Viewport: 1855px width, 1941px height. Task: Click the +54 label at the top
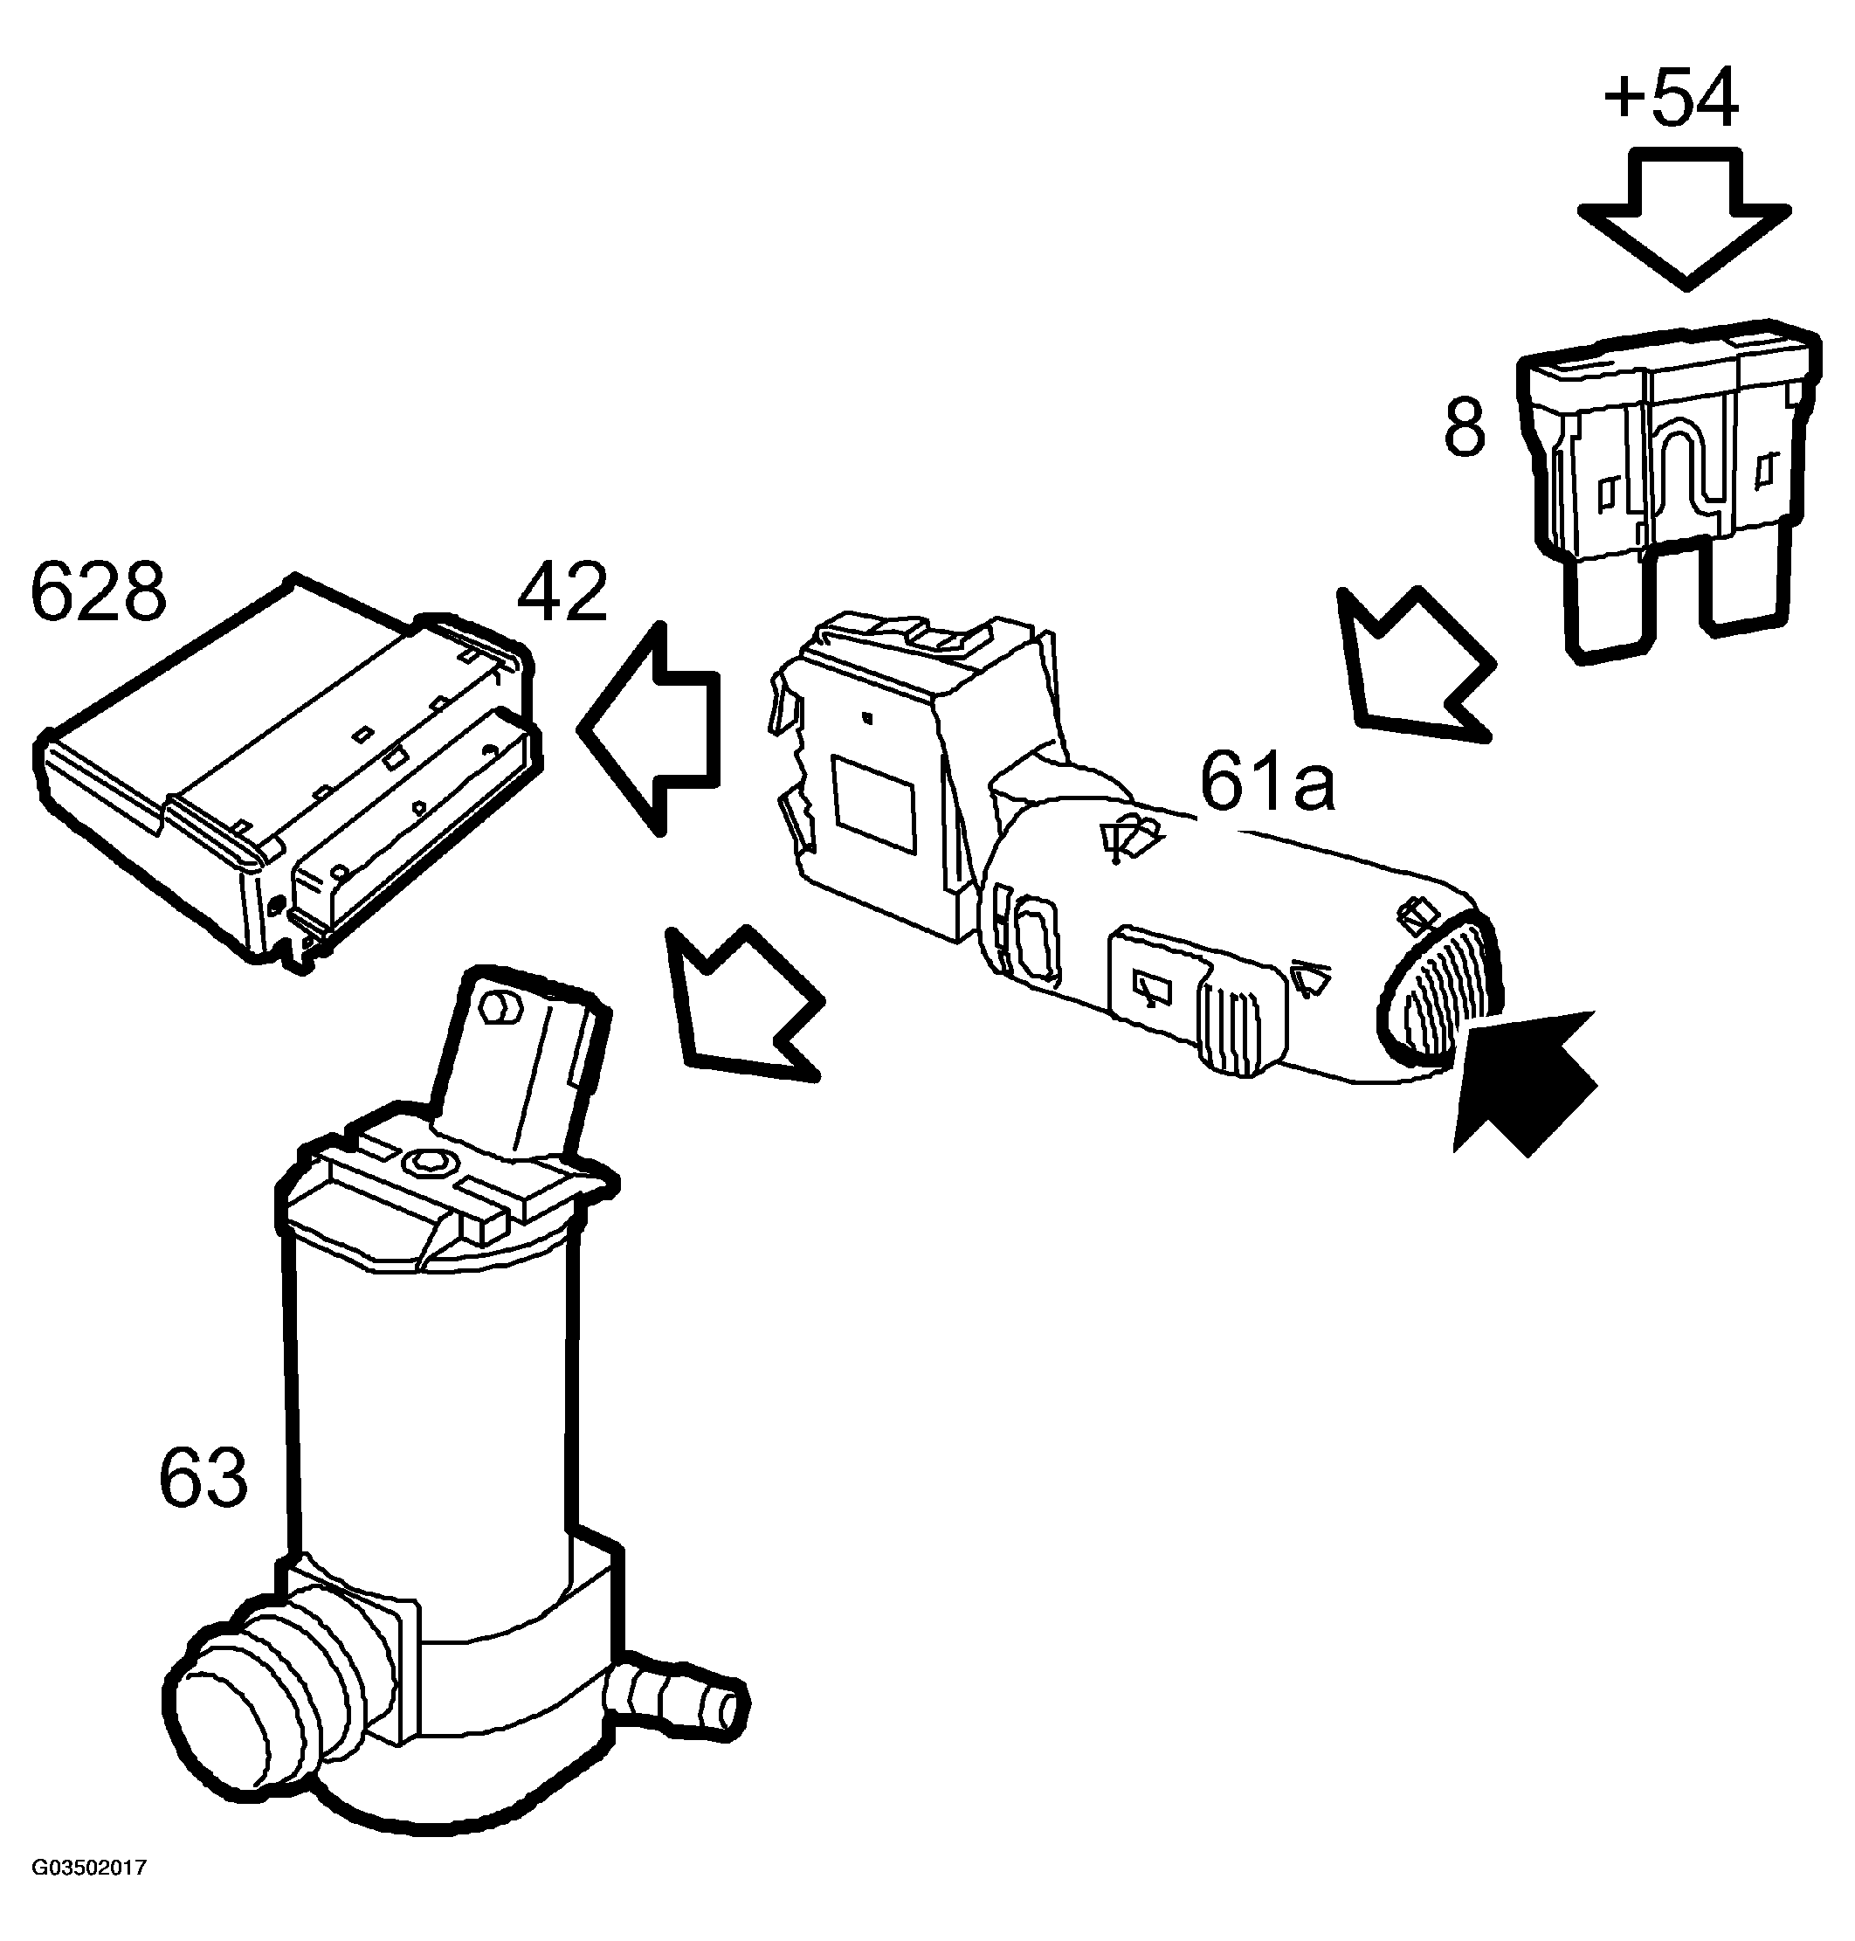pos(1670,99)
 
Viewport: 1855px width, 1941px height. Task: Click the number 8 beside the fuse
pos(1465,428)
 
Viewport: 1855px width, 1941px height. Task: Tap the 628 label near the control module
pos(99,591)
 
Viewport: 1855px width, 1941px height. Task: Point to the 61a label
pos(1267,781)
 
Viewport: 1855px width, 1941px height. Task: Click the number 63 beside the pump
pos(203,1477)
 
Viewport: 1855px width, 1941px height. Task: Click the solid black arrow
pos(1524,1080)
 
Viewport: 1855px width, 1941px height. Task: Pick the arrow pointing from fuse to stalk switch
pos(1414,665)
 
